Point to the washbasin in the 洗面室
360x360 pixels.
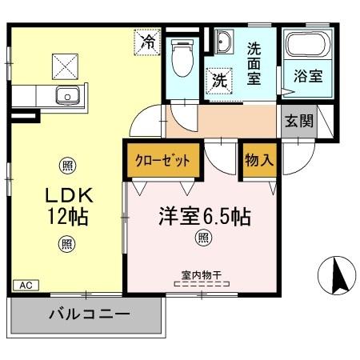pos(222,42)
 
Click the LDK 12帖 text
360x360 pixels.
pos(65,205)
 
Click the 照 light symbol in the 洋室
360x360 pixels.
pos(204,238)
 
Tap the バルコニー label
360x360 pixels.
pos(88,314)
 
